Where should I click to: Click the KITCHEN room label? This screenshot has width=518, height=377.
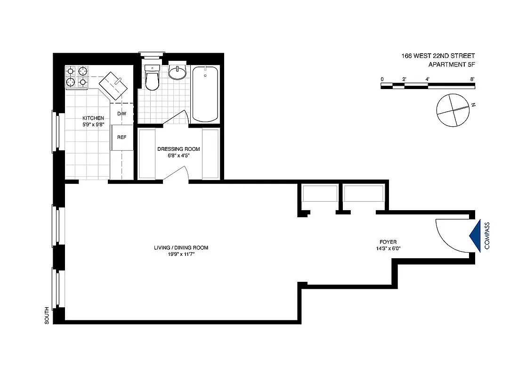pyautogui.click(x=89, y=118)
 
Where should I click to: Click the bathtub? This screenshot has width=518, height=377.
pyautogui.click(x=205, y=94)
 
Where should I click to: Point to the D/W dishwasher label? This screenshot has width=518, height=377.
pyautogui.click(x=121, y=114)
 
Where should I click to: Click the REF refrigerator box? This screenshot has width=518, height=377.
pyautogui.click(x=121, y=138)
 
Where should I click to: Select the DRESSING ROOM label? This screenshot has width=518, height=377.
pyautogui.click(x=178, y=149)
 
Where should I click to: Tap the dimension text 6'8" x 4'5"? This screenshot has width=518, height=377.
pyautogui.click(x=178, y=156)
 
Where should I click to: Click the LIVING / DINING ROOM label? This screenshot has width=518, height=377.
pyautogui.click(x=181, y=247)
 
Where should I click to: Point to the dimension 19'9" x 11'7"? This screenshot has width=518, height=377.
pyautogui.click(x=181, y=254)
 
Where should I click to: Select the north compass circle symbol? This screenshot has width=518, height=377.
pyautogui.click(x=453, y=110)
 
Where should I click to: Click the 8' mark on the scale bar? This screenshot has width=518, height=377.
pyautogui.click(x=472, y=79)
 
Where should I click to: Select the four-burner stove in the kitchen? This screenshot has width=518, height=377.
pyautogui.click(x=77, y=77)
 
